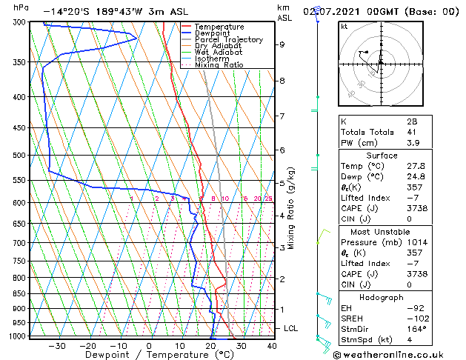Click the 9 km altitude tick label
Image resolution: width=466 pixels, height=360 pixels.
coord(282,44)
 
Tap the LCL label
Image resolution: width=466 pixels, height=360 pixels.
coord(291,328)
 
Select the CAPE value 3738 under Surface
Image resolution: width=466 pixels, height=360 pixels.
coord(416,198)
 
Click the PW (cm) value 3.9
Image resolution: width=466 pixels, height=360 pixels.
coord(411,143)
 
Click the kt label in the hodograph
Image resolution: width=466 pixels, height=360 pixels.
coord(344,26)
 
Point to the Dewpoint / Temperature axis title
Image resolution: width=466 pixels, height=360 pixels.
coord(149,355)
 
